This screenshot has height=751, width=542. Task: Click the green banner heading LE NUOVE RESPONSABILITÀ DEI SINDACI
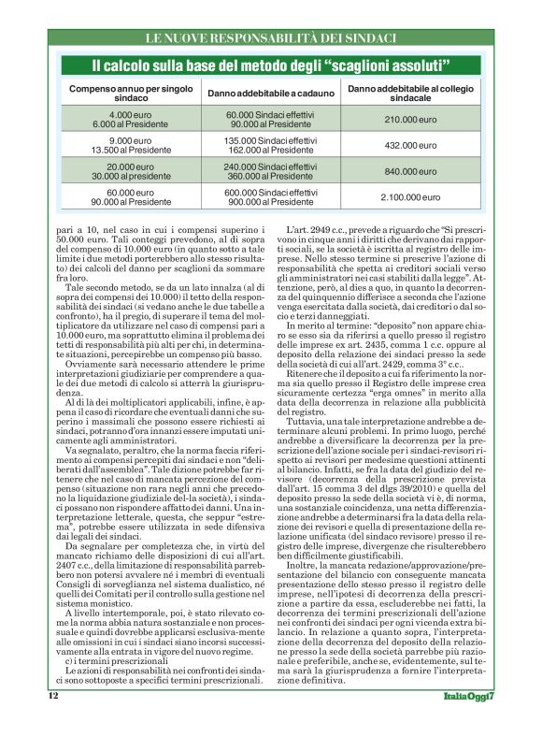[271, 38]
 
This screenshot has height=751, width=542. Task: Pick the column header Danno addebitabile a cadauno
[271, 93]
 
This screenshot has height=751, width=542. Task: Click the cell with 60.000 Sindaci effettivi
[271, 119]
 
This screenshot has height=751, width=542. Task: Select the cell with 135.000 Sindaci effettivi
[271, 145]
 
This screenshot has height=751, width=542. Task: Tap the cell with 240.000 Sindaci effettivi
[271, 171]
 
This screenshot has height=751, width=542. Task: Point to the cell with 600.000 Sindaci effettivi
[271, 197]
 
